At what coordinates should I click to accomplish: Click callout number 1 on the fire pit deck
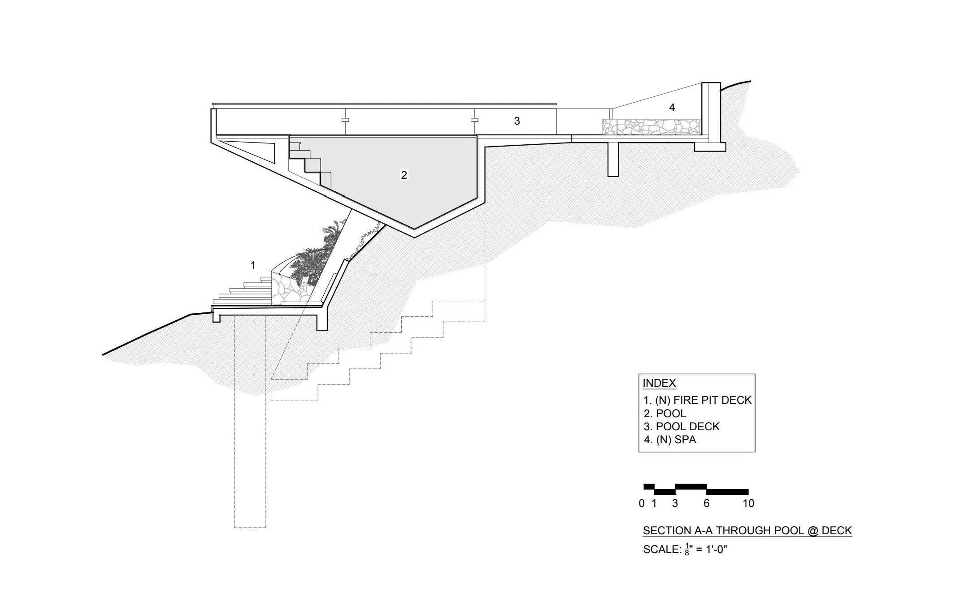pyautogui.click(x=253, y=265)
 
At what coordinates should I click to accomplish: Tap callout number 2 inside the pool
pyautogui.click(x=404, y=175)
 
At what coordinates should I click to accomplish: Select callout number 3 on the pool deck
pyautogui.click(x=517, y=121)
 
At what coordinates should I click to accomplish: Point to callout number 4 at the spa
pyautogui.click(x=672, y=108)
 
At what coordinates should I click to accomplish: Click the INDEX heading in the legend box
pyautogui.click(x=659, y=383)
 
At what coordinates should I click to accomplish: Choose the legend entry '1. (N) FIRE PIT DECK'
pyautogui.click(x=697, y=400)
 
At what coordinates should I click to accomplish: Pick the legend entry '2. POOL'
pyautogui.click(x=665, y=413)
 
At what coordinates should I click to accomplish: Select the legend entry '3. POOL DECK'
pyautogui.click(x=682, y=426)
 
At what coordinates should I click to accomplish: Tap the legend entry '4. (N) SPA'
pyautogui.click(x=670, y=440)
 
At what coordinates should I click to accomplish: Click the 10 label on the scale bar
pyautogui.click(x=748, y=503)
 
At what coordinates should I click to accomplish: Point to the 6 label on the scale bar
pyautogui.click(x=707, y=503)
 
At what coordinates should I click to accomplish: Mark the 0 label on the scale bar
pyautogui.click(x=642, y=503)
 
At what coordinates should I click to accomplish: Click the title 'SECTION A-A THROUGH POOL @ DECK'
pyautogui.click(x=747, y=531)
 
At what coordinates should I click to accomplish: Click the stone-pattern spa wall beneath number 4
pyautogui.click(x=651, y=127)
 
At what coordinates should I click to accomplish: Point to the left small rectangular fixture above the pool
pyautogui.click(x=345, y=120)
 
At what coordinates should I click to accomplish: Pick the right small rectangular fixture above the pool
pyautogui.click(x=474, y=120)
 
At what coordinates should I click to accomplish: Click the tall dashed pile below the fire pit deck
pyautogui.click(x=250, y=421)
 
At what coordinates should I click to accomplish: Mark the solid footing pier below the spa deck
pyautogui.click(x=613, y=159)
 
